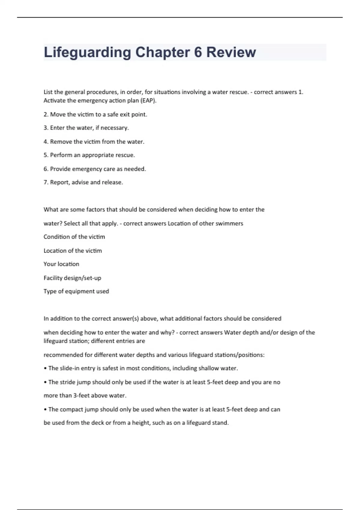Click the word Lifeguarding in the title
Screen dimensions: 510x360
pos(87,52)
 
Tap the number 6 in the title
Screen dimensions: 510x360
pos(198,52)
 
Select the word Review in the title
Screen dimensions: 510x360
pos(231,52)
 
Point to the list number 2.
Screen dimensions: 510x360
pos(46,114)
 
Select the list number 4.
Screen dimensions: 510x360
pos(46,142)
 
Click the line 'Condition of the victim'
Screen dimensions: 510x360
pos(74,237)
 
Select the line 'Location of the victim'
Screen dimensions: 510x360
pos(73,250)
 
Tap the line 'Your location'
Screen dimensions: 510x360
pos(61,264)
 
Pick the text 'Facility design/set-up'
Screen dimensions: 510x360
pos(72,278)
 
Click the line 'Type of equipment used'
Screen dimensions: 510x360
pos(76,291)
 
